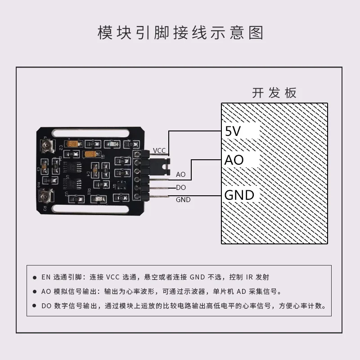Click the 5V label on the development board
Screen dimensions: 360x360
pyautogui.click(x=233, y=131)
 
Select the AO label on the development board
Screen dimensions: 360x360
pyautogui.click(x=234, y=160)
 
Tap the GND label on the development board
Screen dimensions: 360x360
pyautogui.click(x=239, y=195)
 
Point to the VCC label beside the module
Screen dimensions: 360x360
pyautogui.click(x=160, y=150)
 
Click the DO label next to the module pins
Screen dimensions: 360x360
pyautogui.click(x=181, y=188)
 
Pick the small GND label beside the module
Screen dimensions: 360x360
pyautogui.click(x=183, y=199)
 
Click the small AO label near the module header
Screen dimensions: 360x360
pyautogui.click(x=180, y=174)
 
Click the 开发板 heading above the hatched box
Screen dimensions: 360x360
pyautogui.click(x=274, y=93)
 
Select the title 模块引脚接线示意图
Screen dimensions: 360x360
pyautogui.click(x=180, y=33)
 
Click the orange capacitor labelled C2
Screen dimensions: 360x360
pyautogui.click(x=72, y=144)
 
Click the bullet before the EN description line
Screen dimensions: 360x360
pyautogui.click(x=35, y=277)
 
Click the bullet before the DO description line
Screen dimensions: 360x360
pyautogui.click(x=35, y=306)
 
